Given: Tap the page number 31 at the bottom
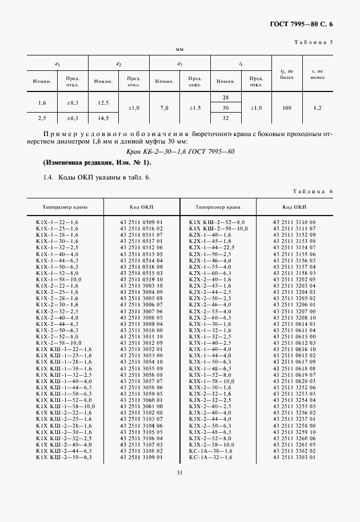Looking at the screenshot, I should [x=179, y=472].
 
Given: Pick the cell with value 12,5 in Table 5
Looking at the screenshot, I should [x=103, y=102].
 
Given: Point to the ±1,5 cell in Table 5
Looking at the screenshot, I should [x=195, y=107].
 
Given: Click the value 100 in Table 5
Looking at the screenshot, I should [x=286, y=107].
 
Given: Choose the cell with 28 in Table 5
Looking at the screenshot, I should [x=226, y=97].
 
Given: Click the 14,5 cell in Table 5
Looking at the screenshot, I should [x=103, y=118].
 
